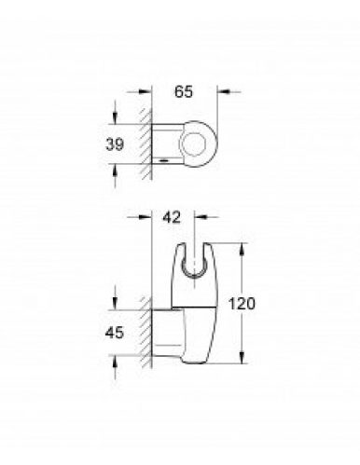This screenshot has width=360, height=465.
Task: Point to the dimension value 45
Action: pyautogui.click(x=115, y=333)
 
